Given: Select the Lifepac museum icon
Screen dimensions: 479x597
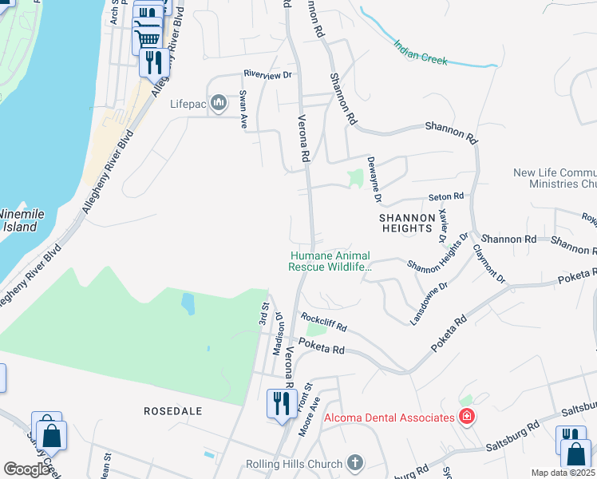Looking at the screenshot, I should click(218, 104).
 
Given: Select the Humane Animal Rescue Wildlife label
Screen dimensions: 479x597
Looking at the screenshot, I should click(330, 261).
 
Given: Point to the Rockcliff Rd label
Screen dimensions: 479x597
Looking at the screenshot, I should click(325, 322).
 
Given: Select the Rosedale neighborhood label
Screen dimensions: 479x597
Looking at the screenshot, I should click(172, 411).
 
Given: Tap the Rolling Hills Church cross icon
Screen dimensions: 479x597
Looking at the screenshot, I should click(355, 463).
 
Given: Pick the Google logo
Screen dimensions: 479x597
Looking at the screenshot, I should click(26, 469).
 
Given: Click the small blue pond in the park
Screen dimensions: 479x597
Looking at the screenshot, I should click(187, 303).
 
